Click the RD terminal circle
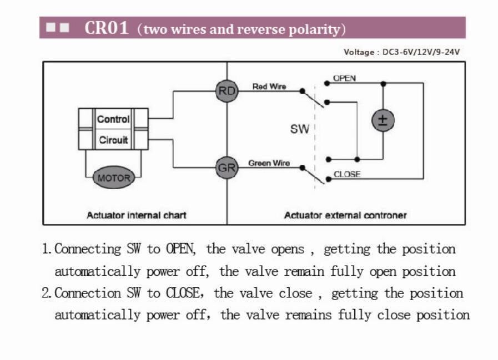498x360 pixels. click(x=227, y=91)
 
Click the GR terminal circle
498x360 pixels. click(x=227, y=168)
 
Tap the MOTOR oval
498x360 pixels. click(x=113, y=178)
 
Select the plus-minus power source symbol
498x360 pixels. click(x=383, y=120)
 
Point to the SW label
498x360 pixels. click(x=300, y=129)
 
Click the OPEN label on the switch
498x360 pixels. click(x=344, y=78)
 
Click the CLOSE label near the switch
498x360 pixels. click(x=347, y=174)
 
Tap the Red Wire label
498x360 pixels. click(x=269, y=87)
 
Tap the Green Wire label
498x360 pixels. click(x=269, y=163)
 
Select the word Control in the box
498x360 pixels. click(x=113, y=119)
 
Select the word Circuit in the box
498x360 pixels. click(x=113, y=140)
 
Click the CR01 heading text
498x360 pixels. click(x=107, y=28)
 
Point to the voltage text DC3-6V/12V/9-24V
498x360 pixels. click(x=421, y=52)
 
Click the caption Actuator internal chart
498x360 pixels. click(x=136, y=215)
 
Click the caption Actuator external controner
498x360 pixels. click(x=345, y=215)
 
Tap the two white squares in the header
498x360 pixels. click(x=58, y=27)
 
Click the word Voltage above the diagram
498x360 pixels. click(x=359, y=52)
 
